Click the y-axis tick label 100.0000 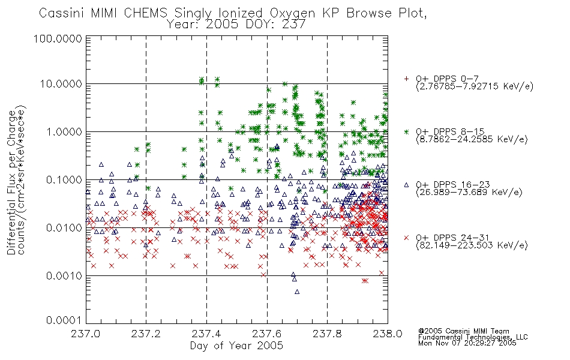(58, 38)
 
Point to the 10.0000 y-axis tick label (61, 84)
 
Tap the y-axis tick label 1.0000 (64, 131)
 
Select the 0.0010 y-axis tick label (64, 276)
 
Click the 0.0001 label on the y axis (64, 320)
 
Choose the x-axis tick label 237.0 (86, 334)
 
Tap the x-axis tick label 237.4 (206, 334)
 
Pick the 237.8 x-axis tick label (327, 334)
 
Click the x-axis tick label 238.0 (388, 334)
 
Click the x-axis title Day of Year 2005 (236, 346)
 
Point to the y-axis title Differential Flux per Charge (11, 182)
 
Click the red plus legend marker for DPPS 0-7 (406, 79)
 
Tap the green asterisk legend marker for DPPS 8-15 (406, 131)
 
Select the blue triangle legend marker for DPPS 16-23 (406, 185)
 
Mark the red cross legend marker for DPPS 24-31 (406, 238)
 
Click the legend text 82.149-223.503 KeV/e (472, 245)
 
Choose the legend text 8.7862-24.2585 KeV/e (472, 139)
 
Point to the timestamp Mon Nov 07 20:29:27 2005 (467, 343)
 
